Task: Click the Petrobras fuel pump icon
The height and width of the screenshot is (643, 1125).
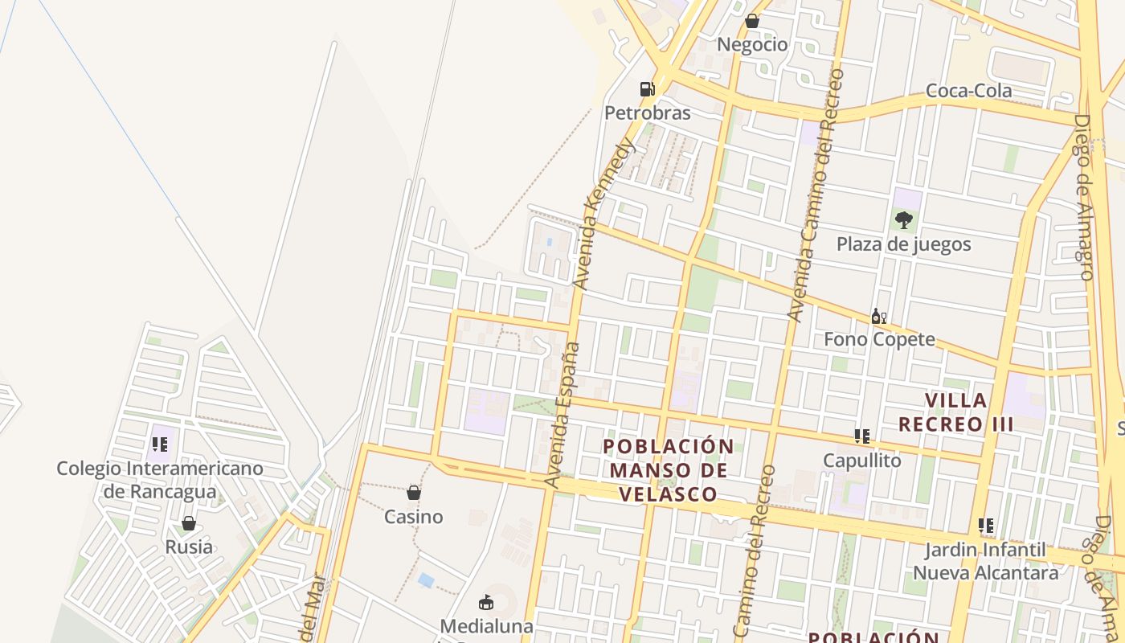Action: (648, 88)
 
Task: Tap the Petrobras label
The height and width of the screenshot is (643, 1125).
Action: (647, 113)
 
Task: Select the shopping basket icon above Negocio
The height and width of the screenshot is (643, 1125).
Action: (752, 20)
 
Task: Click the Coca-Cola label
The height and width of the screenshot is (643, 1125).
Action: (968, 91)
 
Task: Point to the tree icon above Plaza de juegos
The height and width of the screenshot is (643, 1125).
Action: (904, 219)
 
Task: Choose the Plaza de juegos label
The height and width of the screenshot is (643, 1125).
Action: (904, 244)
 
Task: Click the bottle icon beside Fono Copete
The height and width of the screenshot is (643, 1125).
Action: (878, 316)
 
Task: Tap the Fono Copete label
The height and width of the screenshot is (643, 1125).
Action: (879, 339)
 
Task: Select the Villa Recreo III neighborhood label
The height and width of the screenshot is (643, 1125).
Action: (955, 412)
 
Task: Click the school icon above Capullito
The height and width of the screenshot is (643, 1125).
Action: (862, 436)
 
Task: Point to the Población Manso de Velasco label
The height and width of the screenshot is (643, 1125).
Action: (668, 470)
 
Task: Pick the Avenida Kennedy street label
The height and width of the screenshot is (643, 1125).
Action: (605, 213)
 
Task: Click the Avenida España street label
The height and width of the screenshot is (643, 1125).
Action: (562, 414)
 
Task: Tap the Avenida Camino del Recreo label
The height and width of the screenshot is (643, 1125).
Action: (816, 195)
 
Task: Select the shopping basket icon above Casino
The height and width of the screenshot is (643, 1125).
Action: (414, 492)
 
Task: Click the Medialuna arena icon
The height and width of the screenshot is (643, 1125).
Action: (485, 601)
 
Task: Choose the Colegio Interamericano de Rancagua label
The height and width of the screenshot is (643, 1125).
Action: (160, 479)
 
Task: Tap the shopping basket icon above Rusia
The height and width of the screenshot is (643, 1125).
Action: (189, 523)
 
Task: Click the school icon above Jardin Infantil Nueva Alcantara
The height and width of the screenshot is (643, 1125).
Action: (986, 526)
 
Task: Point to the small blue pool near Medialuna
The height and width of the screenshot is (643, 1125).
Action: (426, 580)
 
